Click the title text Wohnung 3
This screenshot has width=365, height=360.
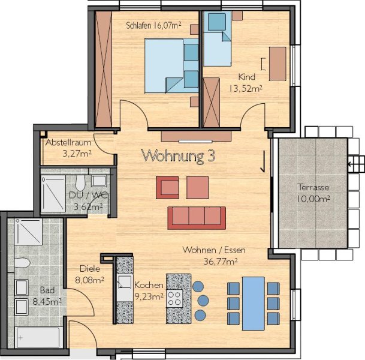[x=178, y=155]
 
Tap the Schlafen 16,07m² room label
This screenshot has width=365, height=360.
[x=153, y=25]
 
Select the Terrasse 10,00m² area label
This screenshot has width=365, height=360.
[x=313, y=193]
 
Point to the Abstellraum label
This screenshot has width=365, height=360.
[x=68, y=142]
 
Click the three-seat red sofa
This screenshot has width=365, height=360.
[x=197, y=218]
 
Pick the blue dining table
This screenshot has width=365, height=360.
[x=254, y=304]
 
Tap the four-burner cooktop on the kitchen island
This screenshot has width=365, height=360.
[x=175, y=298]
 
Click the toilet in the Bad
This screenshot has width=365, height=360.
[x=22, y=263]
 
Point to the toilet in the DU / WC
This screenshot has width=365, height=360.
[x=80, y=182]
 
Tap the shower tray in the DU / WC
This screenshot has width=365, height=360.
[x=53, y=194]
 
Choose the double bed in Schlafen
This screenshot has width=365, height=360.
[x=171, y=66]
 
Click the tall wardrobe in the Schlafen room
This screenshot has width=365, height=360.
[x=104, y=69]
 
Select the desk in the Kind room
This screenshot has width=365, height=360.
[x=277, y=64]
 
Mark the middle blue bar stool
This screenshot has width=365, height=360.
[x=203, y=301]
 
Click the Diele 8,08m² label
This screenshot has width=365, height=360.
[x=90, y=274]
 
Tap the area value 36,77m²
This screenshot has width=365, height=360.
[x=221, y=262]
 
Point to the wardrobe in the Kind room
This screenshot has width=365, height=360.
[x=211, y=103]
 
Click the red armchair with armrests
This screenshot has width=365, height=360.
[x=167, y=187]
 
